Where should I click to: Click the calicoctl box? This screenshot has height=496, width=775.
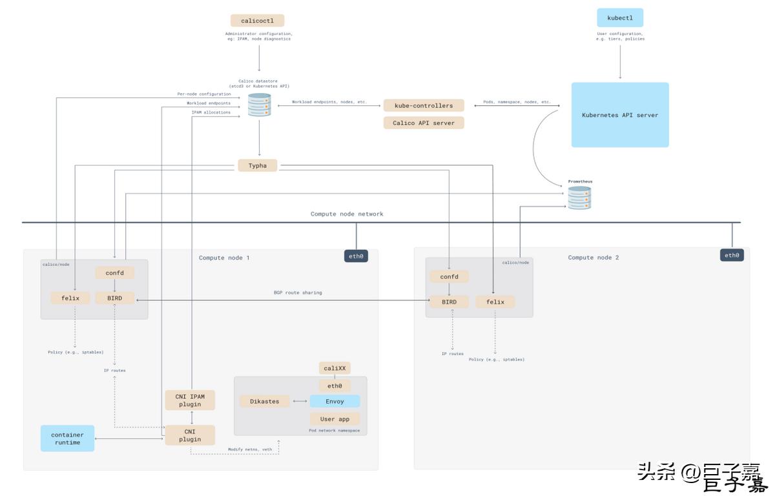257,21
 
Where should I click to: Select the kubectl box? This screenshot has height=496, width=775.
620,17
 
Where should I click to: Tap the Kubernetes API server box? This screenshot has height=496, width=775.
620,115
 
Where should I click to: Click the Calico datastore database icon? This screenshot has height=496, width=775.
260,105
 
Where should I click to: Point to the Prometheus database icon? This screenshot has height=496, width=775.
579,198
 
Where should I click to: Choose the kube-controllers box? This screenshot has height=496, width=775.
424,105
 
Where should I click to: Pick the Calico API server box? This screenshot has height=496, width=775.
424,123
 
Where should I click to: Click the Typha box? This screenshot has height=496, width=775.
258,166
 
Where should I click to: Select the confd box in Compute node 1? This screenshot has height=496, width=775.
114,273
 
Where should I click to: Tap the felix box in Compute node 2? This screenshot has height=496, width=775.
495,302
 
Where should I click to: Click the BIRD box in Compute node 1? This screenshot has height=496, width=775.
114,298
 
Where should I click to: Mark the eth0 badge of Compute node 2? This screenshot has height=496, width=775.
732,255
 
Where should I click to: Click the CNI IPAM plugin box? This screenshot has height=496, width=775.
190,400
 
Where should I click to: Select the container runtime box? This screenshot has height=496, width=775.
67,438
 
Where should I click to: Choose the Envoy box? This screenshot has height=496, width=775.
335,401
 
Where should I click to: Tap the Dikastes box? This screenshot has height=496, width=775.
265,401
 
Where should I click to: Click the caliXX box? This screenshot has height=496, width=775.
335,368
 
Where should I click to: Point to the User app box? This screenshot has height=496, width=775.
335,418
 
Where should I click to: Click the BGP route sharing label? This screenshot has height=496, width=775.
297,293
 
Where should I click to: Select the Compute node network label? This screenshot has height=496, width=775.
347,214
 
